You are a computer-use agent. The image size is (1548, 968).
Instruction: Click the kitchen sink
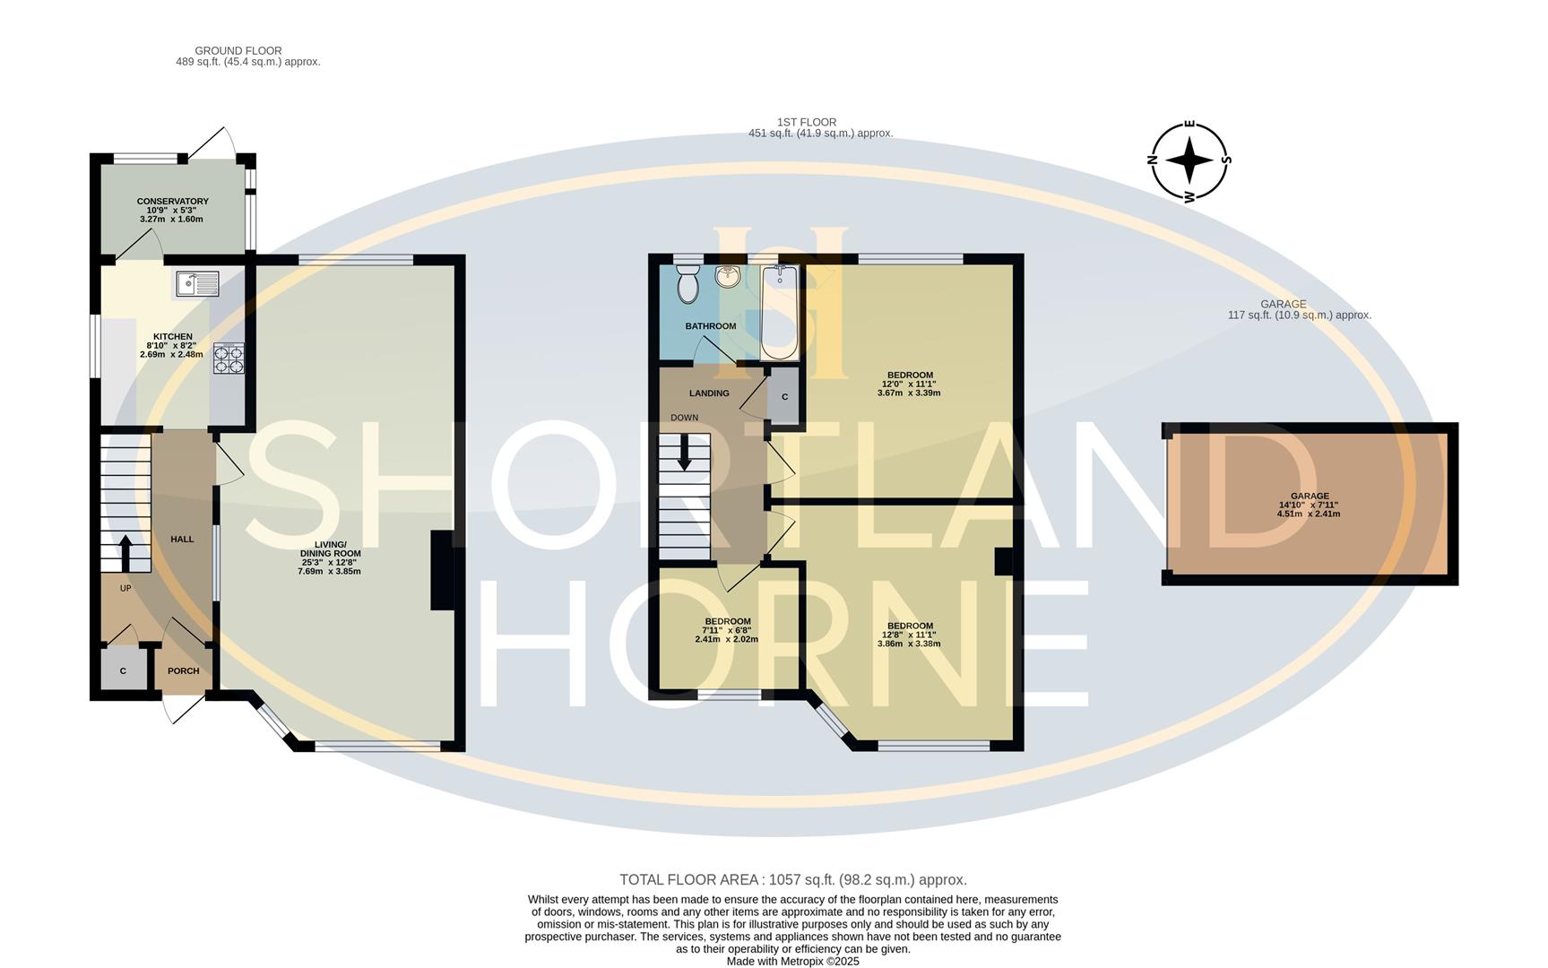(x=197, y=284)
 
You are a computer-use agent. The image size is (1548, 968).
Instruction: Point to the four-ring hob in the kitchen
(x=229, y=359)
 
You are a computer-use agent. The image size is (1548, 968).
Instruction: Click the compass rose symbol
(x=1189, y=161)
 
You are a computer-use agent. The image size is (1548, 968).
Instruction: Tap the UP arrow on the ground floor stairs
(x=124, y=553)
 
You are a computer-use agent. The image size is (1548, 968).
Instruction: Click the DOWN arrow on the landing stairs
(x=684, y=452)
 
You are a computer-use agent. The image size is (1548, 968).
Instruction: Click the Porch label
(x=183, y=670)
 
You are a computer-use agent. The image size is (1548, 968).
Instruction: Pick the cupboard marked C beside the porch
(x=123, y=671)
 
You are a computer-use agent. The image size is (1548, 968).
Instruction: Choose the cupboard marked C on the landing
(x=784, y=396)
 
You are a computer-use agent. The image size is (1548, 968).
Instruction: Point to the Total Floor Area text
(x=792, y=880)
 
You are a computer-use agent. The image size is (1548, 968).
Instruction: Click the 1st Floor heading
(x=806, y=123)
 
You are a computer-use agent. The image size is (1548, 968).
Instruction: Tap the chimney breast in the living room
(x=443, y=571)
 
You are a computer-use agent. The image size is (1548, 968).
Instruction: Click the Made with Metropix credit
(x=792, y=961)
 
